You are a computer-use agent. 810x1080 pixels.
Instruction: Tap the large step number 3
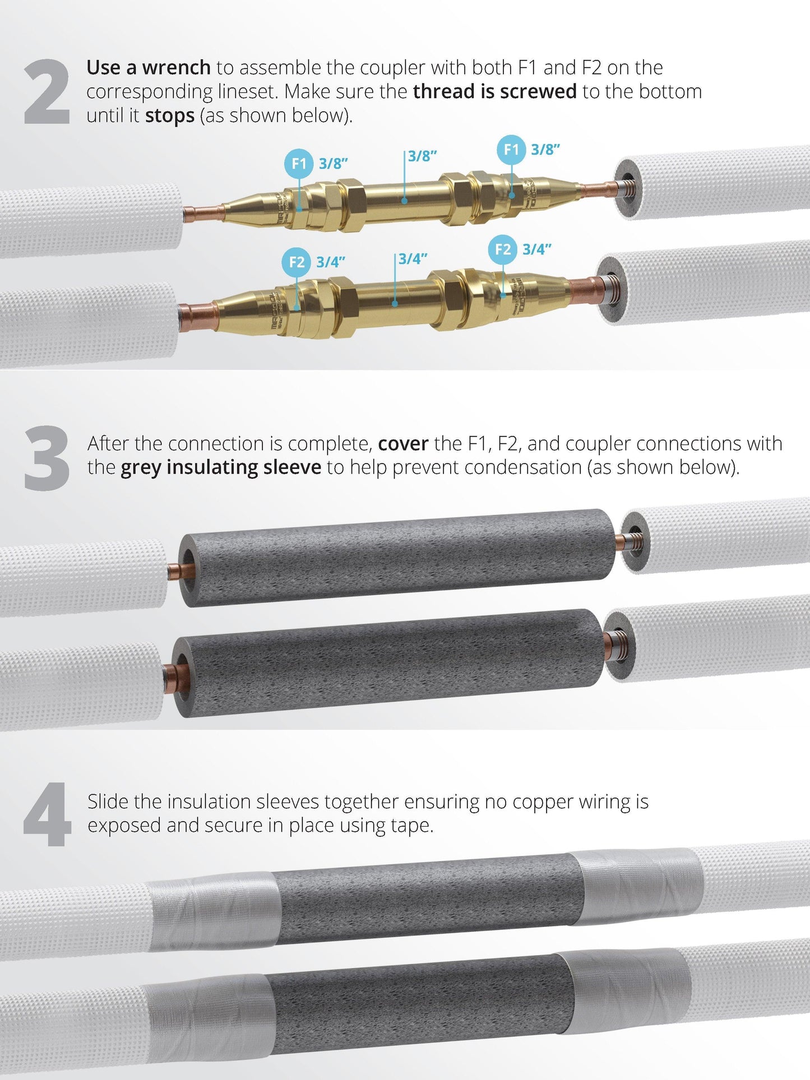pos(47,458)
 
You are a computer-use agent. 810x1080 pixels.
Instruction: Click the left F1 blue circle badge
pos(299,164)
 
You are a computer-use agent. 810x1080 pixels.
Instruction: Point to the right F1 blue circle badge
pos(511,150)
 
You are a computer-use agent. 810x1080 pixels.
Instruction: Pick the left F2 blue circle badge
pos(297,262)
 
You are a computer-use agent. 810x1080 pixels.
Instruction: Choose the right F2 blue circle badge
pos(503,249)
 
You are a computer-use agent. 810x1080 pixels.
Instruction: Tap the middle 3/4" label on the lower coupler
pos(413,259)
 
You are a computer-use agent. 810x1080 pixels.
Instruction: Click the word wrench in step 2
pos(176,68)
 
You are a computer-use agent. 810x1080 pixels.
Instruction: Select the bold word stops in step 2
pos(170,116)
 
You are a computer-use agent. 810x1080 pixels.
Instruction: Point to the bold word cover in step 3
pos(403,444)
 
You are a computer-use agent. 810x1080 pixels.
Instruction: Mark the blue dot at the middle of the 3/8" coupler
pos(405,200)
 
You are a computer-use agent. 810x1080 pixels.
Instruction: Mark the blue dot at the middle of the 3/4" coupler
pos(395,304)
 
